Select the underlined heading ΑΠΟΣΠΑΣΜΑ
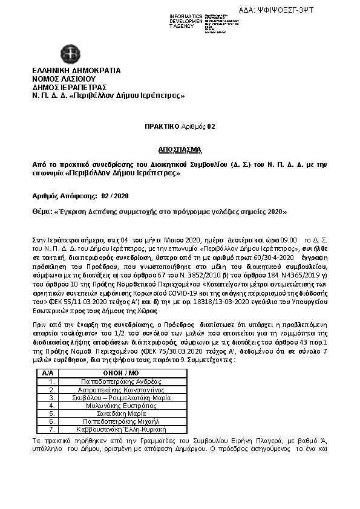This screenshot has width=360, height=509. point(179,149)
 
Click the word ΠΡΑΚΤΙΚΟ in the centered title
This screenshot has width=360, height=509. point(162,126)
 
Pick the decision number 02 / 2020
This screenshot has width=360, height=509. point(115,196)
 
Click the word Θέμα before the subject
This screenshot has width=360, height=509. point(42,212)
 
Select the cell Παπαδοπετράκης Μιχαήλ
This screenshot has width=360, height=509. point(126,421)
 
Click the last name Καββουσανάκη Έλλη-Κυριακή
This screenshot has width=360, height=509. point(126,429)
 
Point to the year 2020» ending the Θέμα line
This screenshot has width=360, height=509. point(275,212)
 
